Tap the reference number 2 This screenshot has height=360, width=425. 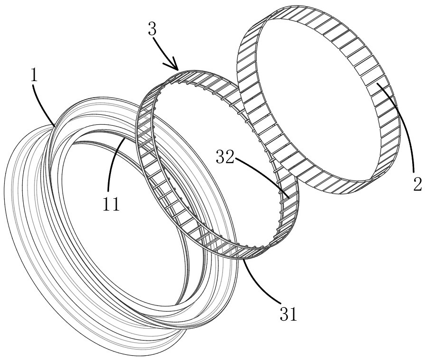[417, 185]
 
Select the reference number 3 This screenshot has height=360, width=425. [152, 29]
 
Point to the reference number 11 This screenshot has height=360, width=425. [111, 204]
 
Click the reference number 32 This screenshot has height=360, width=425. [225, 157]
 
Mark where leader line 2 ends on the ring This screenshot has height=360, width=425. [377, 84]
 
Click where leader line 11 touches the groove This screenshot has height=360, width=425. [124, 138]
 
